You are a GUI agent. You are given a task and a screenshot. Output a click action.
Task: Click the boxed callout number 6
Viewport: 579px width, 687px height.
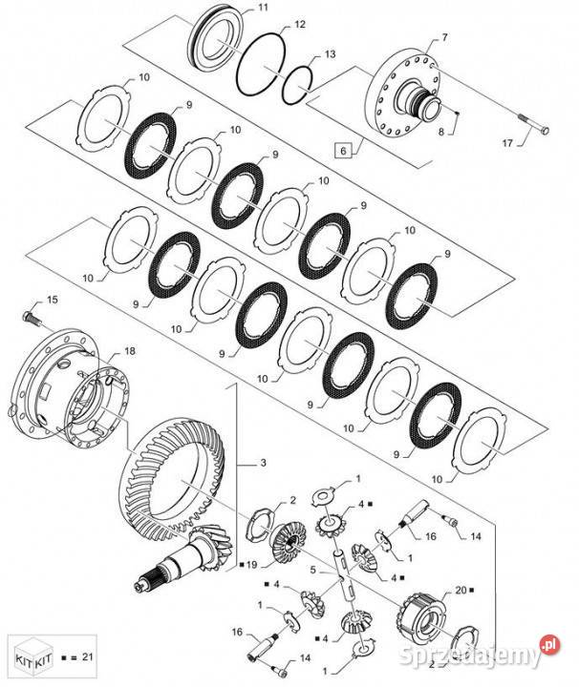pos(343,151)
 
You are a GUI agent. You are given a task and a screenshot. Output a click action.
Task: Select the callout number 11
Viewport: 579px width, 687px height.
pos(263,8)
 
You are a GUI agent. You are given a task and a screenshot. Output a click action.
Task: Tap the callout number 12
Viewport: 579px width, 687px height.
pos(300,25)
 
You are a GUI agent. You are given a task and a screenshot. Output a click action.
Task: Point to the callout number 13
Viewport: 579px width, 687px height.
pos(330,53)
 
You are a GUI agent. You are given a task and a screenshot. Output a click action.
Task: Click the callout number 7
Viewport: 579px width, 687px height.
pos(445,37)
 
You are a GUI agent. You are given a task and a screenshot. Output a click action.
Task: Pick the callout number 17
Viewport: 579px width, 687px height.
pos(507,143)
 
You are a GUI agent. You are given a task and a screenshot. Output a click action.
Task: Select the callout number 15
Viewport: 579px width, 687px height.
pos(53,300)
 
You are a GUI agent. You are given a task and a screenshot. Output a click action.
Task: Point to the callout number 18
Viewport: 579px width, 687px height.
pos(130,351)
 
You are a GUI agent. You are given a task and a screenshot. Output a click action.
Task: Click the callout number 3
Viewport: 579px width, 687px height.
pos(263,463)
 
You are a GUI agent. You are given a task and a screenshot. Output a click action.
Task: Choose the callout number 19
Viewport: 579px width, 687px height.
pos(251,565)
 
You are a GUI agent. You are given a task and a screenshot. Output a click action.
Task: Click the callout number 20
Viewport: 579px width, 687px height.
pos(461,591)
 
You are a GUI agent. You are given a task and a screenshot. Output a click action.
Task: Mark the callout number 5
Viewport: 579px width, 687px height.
pos(312,570)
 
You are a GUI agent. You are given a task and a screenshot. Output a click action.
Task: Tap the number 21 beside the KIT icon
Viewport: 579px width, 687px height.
pos(88,656)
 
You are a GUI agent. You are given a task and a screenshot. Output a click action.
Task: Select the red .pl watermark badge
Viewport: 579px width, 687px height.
pos(550,645)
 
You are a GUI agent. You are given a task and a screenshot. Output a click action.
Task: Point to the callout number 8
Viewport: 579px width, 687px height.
pos(441,132)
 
